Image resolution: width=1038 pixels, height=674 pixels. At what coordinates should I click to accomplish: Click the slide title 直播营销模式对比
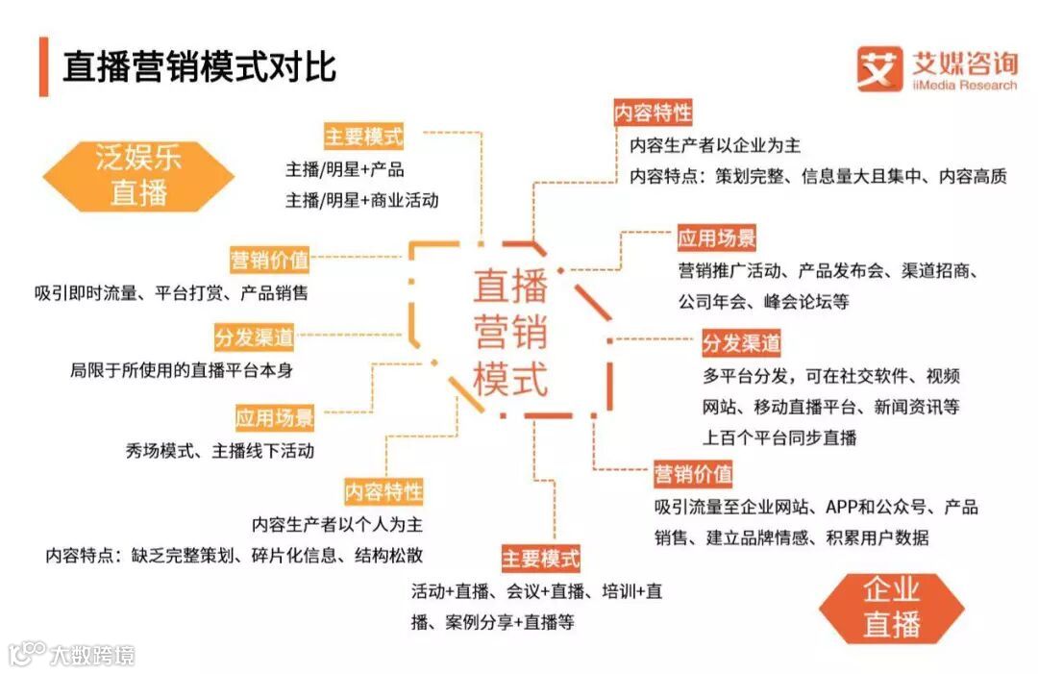click(x=200, y=67)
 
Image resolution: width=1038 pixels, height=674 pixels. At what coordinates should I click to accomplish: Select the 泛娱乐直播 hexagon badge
click(x=138, y=175)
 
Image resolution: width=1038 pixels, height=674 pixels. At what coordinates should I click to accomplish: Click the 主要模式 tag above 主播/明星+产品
click(x=364, y=136)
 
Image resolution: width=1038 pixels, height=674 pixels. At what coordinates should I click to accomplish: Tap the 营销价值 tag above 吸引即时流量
click(x=269, y=260)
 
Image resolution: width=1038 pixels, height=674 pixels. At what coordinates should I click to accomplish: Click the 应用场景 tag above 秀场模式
click(x=275, y=418)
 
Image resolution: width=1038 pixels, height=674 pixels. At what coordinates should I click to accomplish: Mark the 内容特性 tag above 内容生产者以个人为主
click(x=383, y=493)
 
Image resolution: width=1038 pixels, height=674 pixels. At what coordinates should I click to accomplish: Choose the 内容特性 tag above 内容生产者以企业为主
click(x=654, y=112)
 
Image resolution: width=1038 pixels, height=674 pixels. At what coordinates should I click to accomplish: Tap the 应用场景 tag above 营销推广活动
click(x=717, y=237)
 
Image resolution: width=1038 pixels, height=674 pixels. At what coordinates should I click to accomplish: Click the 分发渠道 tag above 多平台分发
click(x=741, y=343)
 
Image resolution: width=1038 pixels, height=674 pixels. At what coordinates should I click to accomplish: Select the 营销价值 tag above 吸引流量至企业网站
click(x=693, y=474)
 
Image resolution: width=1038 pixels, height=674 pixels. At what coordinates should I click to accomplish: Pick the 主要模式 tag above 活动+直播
click(x=541, y=558)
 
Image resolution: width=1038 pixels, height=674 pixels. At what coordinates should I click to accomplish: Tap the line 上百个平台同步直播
click(x=779, y=437)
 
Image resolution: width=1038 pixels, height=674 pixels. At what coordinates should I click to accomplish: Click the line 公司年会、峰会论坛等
click(x=764, y=301)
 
